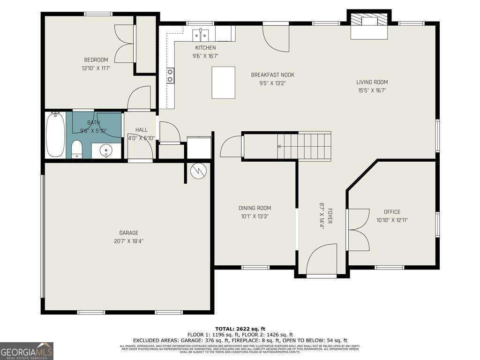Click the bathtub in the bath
click(55, 135)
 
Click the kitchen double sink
click(202, 35)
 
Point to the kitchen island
click(223, 82)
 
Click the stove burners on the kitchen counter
click(170, 75)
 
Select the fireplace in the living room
click(369, 26)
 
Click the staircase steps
click(305, 146)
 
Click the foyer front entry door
click(322, 260)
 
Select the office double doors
click(358, 230)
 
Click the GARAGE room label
click(128, 233)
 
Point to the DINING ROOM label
click(255, 208)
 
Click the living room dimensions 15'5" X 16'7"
click(372, 91)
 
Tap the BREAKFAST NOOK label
click(272, 75)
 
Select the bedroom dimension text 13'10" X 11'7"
click(96, 68)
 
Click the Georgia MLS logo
click(27, 351)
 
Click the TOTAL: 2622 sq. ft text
click(240, 329)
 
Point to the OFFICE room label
click(392, 212)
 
